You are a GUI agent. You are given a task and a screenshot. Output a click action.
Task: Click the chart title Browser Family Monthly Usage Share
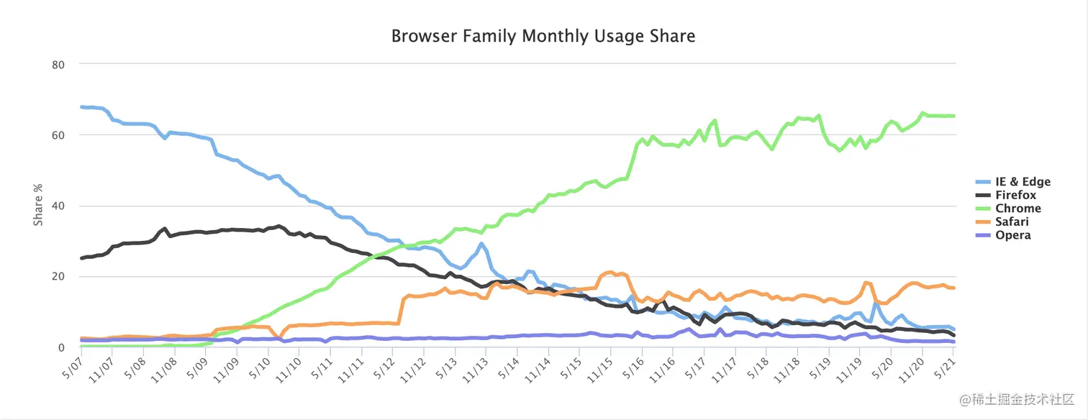(543, 36)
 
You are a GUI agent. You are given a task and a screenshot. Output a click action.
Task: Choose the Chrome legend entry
(1017, 209)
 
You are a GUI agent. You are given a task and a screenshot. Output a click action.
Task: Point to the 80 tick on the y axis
(59, 65)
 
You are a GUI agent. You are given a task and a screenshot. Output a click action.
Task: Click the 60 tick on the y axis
(59, 135)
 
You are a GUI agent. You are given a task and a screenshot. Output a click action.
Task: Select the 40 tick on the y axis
(59, 206)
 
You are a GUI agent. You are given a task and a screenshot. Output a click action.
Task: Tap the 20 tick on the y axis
(59, 277)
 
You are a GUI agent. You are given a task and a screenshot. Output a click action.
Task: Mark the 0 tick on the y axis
(62, 347)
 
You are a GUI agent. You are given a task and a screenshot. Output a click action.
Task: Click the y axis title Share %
(38, 206)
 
